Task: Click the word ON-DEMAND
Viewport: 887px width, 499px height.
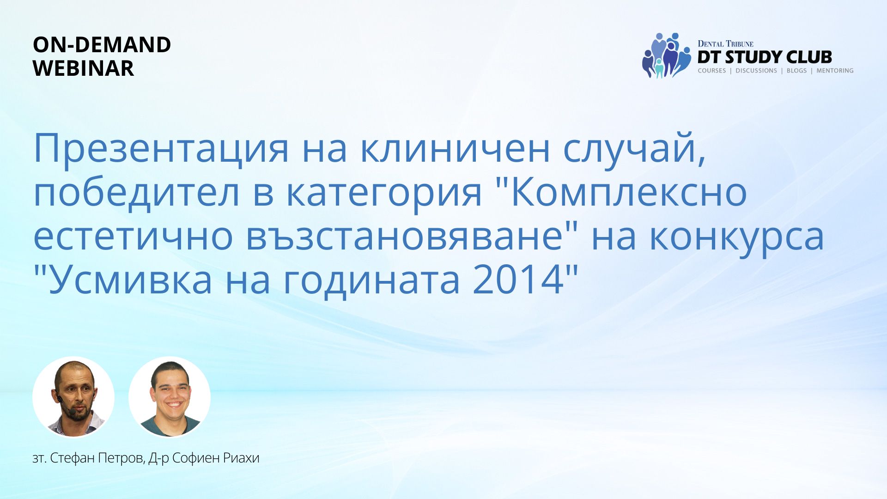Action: coord(102,45)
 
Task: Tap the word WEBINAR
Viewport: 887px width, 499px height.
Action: coord(84,68)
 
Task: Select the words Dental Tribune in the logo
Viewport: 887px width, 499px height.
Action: coord(725,44)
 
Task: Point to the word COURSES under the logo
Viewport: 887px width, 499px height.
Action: coord(712,71)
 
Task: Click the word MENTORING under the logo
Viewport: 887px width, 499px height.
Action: coord(835,71)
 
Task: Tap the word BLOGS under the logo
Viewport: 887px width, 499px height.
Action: coord(796,71)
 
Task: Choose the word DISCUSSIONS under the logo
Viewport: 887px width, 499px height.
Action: coord(756,71)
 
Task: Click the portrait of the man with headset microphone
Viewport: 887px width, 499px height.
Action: coord(73,397)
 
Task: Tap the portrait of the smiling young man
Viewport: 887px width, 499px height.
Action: coord(170,397)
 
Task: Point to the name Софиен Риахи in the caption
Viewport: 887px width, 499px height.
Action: coord(216,458)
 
